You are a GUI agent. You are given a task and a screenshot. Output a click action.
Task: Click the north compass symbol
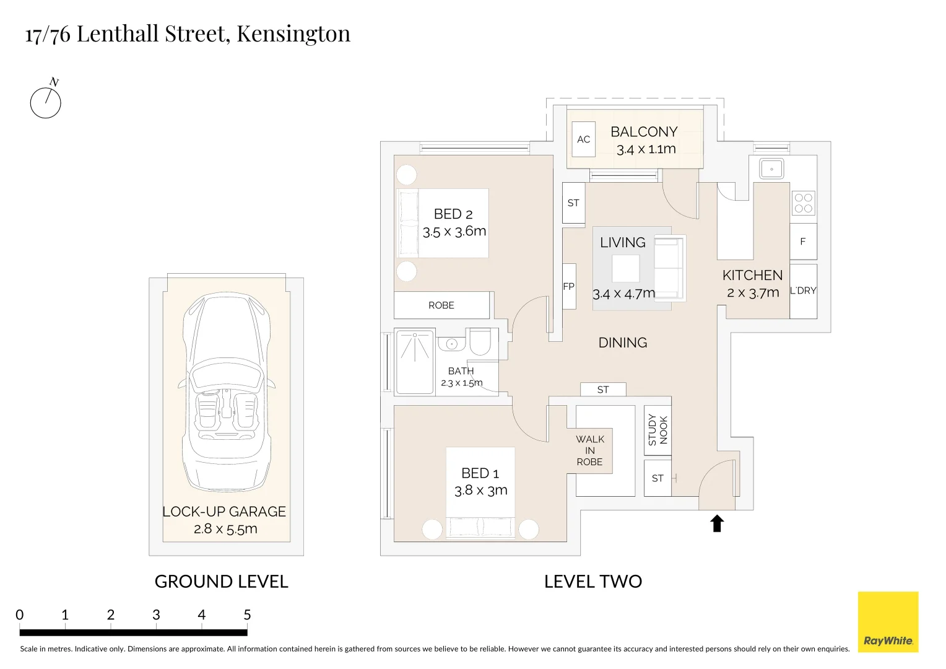46,102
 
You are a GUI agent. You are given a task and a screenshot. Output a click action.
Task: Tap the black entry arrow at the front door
717,523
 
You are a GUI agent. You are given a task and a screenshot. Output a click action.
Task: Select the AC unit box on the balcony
583,139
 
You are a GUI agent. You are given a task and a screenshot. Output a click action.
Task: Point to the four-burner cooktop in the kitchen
804,203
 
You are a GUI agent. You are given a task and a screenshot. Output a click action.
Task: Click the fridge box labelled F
803,242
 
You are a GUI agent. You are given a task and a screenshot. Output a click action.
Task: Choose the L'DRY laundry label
803,291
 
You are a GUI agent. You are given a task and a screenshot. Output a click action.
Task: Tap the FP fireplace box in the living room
568,286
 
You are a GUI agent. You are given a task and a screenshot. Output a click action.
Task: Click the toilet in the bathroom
480,341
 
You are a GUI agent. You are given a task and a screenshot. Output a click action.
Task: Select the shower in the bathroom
414,362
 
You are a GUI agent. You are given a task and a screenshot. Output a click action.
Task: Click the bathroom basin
452,344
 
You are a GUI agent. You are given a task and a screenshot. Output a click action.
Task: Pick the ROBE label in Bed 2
441,305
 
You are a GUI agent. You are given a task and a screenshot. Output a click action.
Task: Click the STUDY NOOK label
657,430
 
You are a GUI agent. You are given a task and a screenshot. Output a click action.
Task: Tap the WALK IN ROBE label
589,450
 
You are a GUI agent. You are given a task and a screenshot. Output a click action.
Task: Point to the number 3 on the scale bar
156,615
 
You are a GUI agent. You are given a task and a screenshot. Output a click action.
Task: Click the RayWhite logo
888,622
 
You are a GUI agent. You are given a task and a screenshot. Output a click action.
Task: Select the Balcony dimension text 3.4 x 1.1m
646,149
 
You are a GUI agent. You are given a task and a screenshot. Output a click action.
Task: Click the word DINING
622,343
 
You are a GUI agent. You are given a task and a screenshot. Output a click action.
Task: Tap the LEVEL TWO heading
592,582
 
